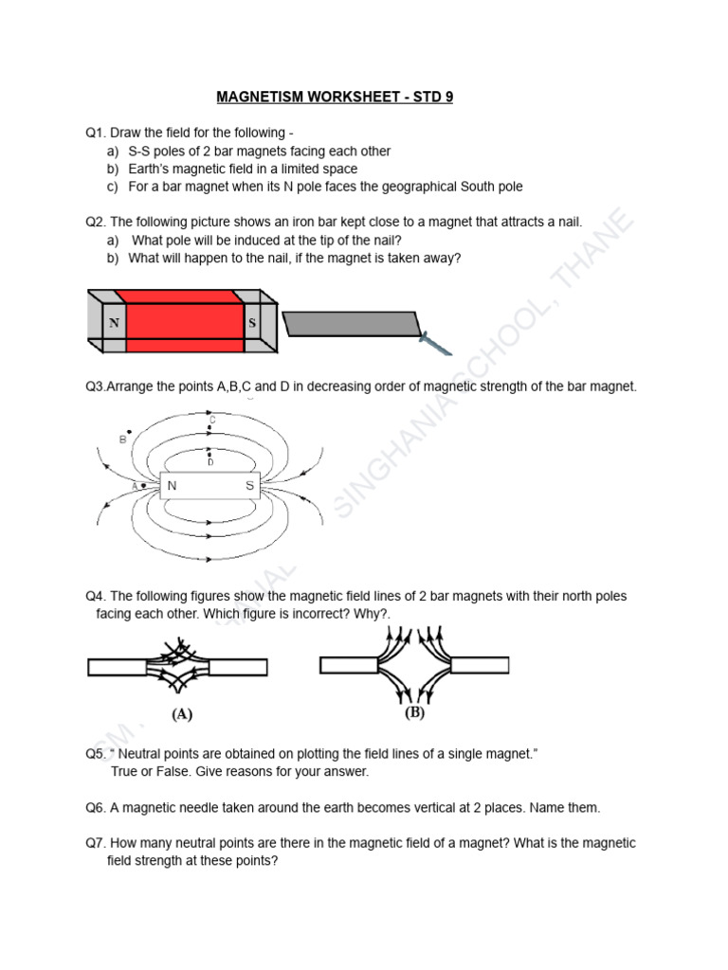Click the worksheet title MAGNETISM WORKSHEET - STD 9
[335, 97]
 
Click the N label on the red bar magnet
[114, 322]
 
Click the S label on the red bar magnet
[252, 322]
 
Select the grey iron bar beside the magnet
[352, 323]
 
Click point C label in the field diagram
[212, 420]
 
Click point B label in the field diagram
[122, 440]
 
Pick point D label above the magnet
[210, 461]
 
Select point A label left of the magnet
[136, 487]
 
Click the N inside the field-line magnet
[172, 487]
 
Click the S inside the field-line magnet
[250, 487]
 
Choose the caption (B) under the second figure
[414, 713]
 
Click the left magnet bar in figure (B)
[351, 665]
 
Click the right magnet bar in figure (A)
[238, 667]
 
